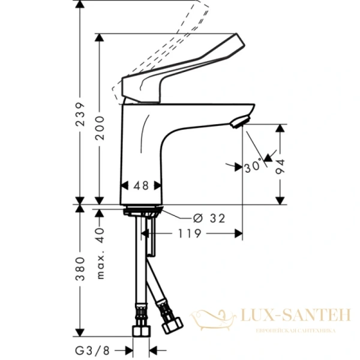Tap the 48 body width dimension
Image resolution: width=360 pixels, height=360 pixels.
point(142,186)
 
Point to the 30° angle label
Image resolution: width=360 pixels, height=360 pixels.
point(254,167)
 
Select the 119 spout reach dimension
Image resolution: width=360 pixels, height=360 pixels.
point(190,233)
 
